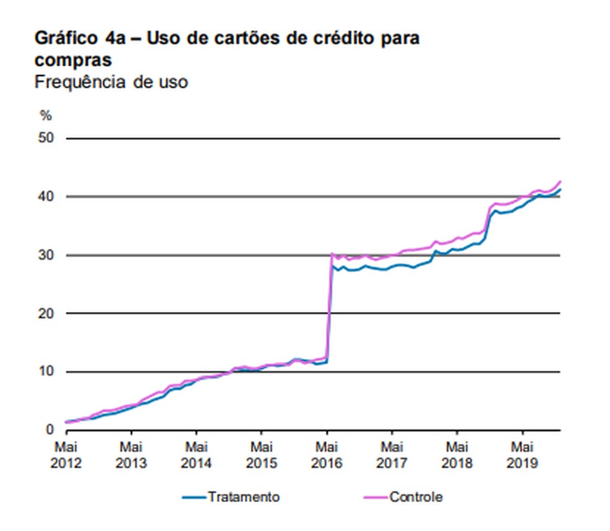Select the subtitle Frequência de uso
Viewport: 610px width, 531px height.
pos(111,82)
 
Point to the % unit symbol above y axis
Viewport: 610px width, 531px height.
pos(45,116)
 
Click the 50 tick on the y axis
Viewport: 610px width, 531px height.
pos(46,138)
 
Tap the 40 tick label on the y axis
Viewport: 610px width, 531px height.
pos(46,197)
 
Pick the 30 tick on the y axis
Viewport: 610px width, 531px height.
pos(46,255)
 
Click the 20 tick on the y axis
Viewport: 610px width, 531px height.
pos(46,313)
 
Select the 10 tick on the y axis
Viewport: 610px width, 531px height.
pos(46,372)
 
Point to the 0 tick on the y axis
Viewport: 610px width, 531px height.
pos(50,430)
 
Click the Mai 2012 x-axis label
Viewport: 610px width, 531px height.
pos(66,455)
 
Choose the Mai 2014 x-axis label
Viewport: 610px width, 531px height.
pos(197,455)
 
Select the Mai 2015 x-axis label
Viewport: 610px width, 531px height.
pos(262,455)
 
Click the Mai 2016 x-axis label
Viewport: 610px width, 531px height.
pos(327,455)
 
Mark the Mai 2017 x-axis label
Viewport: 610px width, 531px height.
pos(392,455)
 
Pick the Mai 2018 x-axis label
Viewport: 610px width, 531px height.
pos(457,455)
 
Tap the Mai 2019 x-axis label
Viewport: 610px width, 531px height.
pos(523,455)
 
